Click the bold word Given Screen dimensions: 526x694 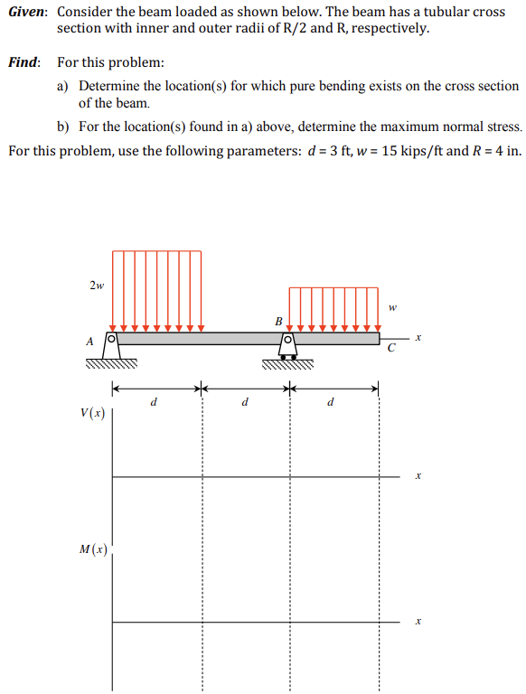click(x=27, y=12)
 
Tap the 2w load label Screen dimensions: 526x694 click(x=97, y=286)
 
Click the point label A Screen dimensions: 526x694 click(x=89, y=342)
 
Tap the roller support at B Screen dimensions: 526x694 click(x=288, y=349)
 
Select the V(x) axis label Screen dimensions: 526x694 click(x=92, y=414)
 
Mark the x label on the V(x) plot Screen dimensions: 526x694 click(x=418, y=475)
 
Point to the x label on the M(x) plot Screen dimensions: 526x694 click(x=418, y=622)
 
